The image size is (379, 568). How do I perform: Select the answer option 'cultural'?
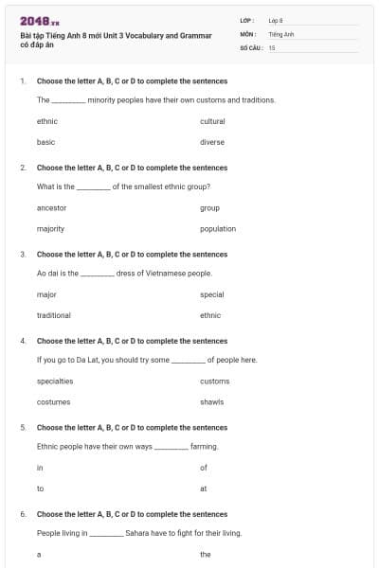[x=212, y=121]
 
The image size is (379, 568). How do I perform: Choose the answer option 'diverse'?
[x=212, y=142]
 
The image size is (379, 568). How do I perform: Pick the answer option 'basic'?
[x=45, y=142]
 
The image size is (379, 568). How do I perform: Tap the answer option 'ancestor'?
[x=51, y=207]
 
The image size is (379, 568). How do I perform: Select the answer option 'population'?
[x=218, y=228]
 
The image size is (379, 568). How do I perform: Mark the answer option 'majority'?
[x=50, y=228]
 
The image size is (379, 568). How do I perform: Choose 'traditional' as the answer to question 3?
[x=53, y=315]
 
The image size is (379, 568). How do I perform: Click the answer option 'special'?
[x=212, y=294]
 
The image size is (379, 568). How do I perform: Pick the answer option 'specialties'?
[x=55, y=381]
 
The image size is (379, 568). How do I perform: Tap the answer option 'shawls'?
[x=212, y=401]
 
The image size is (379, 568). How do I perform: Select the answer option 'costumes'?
[x=52, y=401]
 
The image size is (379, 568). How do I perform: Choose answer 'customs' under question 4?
[x=214, y=381]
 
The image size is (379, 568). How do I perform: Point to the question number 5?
[x=22, y=427]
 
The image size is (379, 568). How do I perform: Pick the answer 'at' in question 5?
[x=204, y=488]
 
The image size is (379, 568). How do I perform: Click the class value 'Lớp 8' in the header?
[x=276, y=19]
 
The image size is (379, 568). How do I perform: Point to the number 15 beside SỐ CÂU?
[x=272, y=46]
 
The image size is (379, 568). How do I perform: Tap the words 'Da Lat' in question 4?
[x=98, y=360]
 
